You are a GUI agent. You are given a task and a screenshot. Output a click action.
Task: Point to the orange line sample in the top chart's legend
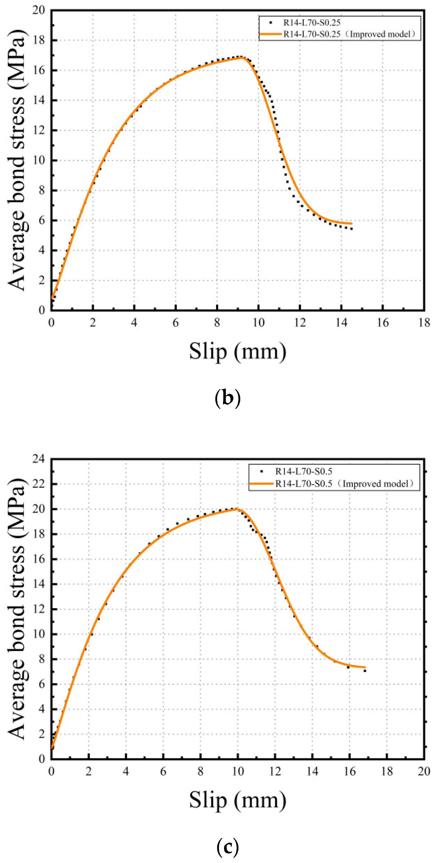271,34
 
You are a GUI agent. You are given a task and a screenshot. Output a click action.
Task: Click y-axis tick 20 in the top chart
39,10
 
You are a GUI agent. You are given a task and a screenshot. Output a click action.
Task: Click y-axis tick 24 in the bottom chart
39,459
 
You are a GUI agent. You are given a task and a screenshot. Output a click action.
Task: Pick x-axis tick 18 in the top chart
424,323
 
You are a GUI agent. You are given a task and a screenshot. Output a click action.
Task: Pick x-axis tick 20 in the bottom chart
424,771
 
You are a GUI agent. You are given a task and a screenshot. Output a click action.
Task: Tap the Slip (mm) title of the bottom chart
237,800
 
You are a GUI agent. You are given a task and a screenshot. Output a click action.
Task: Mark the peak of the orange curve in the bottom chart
237,509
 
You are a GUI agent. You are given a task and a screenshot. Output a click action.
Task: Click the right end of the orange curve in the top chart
351,223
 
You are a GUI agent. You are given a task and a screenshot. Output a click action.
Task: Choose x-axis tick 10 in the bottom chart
238,771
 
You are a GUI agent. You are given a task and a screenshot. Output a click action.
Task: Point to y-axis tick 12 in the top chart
39,130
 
